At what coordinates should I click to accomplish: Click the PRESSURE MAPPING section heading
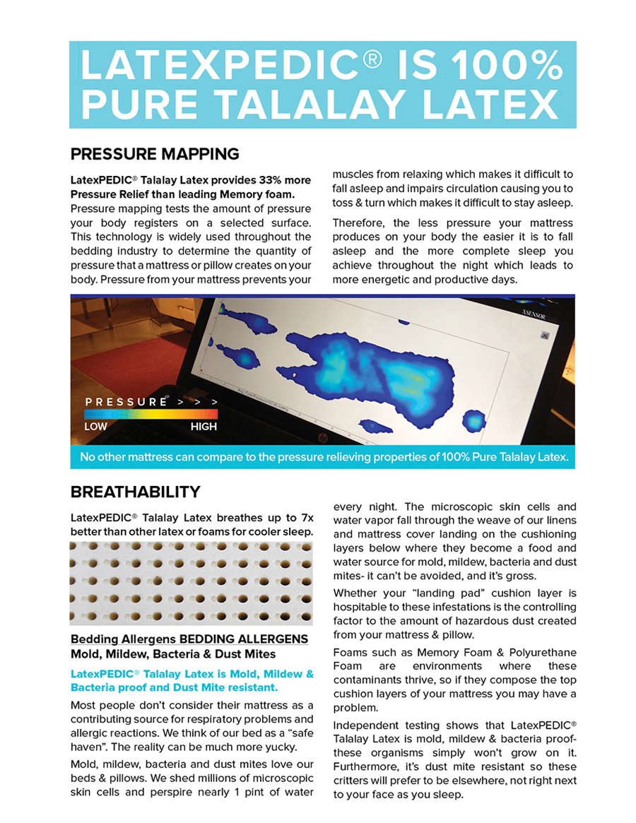tap(155, 154)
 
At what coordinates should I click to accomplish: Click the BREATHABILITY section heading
tap(135, 492)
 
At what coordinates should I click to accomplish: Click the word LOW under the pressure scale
tap(95, 427)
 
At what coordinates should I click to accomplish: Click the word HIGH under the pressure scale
tap(204, 427)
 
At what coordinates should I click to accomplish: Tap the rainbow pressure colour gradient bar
tap(150, 414)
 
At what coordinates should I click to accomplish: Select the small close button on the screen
tap(544, 336)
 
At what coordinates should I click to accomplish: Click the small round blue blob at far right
tap(474, 422)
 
